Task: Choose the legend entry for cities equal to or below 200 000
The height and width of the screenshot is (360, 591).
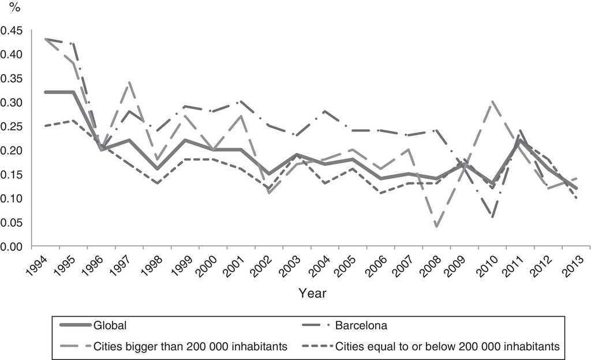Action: click(x=447, y=346)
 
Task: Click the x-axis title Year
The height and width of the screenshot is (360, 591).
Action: click(x=312, y=293)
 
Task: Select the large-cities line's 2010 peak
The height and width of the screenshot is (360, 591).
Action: click(x=492, y=102)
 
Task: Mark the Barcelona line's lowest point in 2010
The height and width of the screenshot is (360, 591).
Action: click(x=492, y=217)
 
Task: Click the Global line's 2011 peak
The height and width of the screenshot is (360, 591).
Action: click(x=520, y=140)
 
